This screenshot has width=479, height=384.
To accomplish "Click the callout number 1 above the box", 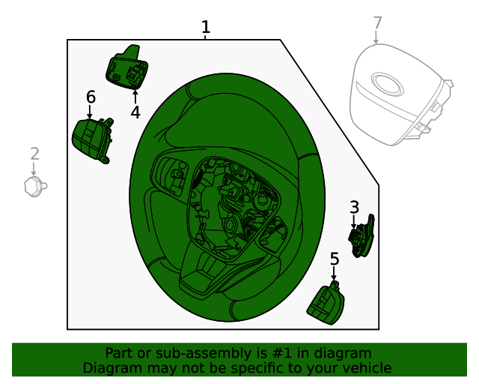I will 205,28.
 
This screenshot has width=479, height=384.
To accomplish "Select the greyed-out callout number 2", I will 34,154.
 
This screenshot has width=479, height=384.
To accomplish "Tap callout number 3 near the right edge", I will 354,207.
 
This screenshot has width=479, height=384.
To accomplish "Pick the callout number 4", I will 135,112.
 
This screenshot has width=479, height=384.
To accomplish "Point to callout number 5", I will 335,259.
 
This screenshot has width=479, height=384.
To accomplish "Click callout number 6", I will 91,97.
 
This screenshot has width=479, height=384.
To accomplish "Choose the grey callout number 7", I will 377,23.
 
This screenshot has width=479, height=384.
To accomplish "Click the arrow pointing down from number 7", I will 376,37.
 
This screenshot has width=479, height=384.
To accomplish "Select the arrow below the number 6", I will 90,112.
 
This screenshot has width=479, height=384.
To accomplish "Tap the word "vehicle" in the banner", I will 365,367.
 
